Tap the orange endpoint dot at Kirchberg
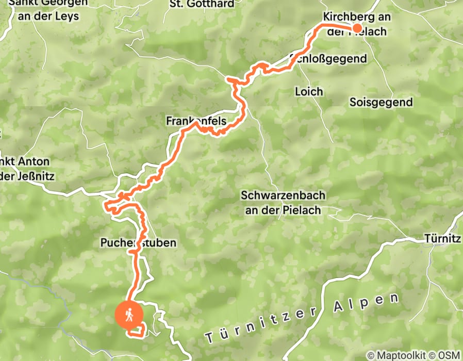tap(356, 28)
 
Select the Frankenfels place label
tap(196, 121)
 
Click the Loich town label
tap(309, 92)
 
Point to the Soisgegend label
tap(381, 102)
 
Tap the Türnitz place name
tap(442, 239)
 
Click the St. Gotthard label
tap(202, 4)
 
